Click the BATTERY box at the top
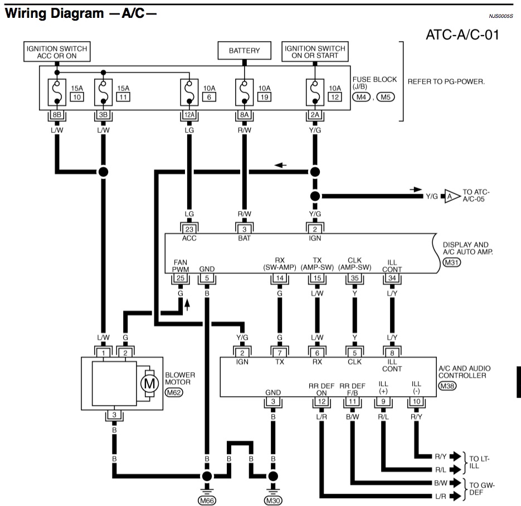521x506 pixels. [x=244, y=51]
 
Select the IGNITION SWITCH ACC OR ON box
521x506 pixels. [x=57, y=52]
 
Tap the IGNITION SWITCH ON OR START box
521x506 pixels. [x=315, y=52]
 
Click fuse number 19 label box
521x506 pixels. [x=264, y=97]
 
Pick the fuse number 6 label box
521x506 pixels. [x=209, y=97]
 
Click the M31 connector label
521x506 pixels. [x=449, y=262]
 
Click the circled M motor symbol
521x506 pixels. [x=148, y=383]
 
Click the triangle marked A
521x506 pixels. [x=448, y=196]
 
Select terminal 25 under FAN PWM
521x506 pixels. [x=180, y=278]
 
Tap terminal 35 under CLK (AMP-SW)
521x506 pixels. [x=354, y=278]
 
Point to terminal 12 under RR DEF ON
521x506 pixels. [x=320, y=401]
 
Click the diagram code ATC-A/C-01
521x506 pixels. [x=462, y=35]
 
